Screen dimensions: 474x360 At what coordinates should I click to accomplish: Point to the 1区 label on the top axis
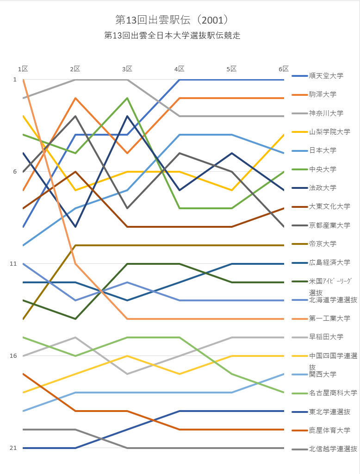[23, 69]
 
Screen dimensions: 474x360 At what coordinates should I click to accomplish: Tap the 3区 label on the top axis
[127, 69]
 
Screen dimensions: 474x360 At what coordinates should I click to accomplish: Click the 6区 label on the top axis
[284, 69]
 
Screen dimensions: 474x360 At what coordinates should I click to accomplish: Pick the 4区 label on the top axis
[180, 69]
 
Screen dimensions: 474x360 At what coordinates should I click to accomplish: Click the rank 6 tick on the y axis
[15, 172]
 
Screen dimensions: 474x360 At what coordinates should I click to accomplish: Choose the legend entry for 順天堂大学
[326, 75]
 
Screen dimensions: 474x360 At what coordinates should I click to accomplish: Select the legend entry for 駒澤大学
[323, 94]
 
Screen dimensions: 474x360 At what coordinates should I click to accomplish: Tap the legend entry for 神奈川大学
[326, 113]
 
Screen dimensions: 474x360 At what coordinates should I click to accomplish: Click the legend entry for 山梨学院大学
[329, 132]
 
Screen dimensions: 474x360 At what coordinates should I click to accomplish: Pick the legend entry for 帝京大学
[323, 243]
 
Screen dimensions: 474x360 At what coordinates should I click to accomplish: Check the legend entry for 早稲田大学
[326, 337]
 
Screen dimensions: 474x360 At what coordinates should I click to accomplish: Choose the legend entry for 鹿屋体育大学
[329, 430]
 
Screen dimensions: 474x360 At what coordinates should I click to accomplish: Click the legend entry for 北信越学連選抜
[333, 449]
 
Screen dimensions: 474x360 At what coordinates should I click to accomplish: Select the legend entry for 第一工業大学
[329, 318]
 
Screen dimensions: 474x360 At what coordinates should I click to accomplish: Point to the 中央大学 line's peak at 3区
[127, 98]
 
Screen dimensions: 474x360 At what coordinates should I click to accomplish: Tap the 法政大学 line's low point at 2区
[75, 227]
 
